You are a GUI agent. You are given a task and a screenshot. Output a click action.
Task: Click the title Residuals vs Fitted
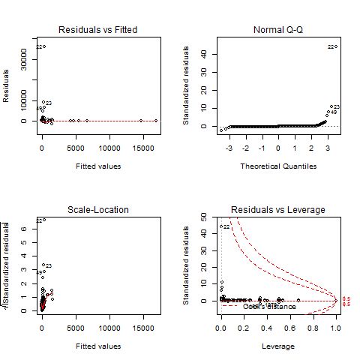click(x=97, y=29)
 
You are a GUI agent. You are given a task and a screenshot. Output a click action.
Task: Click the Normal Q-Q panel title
click(x=277, y=29)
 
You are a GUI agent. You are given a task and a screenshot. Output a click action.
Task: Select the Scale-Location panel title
click(x=97, y=209)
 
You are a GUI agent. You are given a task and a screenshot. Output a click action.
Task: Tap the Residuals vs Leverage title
click(x=277, y=209)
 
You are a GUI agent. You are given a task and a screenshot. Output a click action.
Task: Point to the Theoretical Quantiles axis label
click(x=277, y=166)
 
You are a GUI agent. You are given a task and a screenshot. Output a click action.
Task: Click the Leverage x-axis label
click(x=277, y=346)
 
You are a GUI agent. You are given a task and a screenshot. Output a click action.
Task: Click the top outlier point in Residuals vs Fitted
click(x=44, y=46)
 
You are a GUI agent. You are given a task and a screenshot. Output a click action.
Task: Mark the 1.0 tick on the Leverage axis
click(x=335, y=328)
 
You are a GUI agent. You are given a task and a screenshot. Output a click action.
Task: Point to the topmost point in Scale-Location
click(x=44, y=220)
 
